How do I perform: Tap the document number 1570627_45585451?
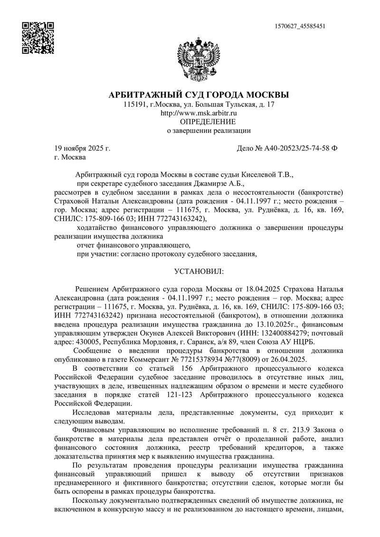300,26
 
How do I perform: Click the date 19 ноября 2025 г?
82,149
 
